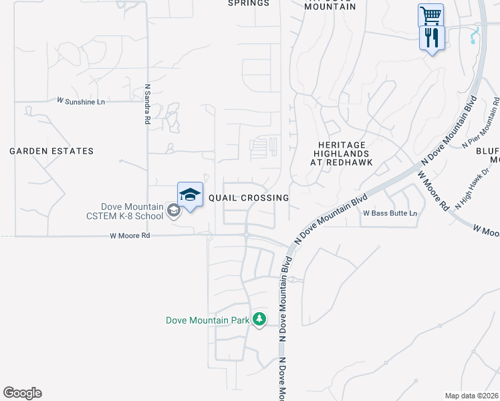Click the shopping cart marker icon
click(x=430, y=15)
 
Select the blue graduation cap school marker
click(x=190, y=194)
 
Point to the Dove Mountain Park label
click(x=207, y=321)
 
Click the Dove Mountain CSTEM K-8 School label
click(x=124, y=211)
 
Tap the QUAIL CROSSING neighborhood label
click(x=249, y=198)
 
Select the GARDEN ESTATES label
click(x=51, y=152)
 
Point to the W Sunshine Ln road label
click(x=81, y=101)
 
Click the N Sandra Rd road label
click(x=147, y=104)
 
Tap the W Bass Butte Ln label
click(x=390, y=214)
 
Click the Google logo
click(x=22, y=393)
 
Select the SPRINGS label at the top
click(x=249, y=3)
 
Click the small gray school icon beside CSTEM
click(x=173, y=212)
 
